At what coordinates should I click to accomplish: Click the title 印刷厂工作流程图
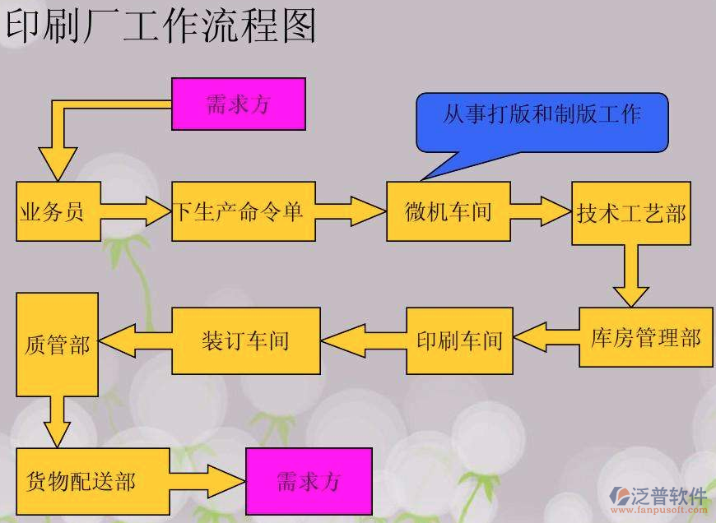[160, 26]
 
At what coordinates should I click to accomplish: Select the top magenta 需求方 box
[239, 104]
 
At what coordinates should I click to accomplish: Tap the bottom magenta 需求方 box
[309, 481]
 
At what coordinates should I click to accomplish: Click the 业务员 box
[58, 211]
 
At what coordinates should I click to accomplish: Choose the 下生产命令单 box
[244, 211]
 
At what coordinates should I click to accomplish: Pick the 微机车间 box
[449, 211]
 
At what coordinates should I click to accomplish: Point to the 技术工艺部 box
[631, 213]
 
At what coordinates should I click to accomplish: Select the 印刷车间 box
[459, 340]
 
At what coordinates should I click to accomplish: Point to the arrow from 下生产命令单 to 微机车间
[351, 211]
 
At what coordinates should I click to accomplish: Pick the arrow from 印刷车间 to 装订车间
[363, 340]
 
